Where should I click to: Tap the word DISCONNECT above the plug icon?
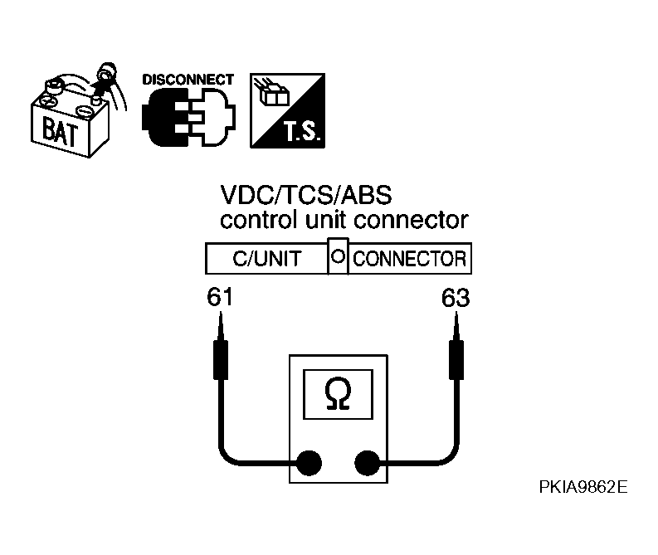pos(188,80)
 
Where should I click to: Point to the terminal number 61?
pos(220,298)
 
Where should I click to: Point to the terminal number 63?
pos(455,298)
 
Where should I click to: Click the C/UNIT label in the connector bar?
pos(266,259)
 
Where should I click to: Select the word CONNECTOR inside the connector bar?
pos(409,259)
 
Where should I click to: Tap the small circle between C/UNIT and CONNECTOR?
pos(338,257)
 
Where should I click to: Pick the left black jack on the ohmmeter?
pos(310,462)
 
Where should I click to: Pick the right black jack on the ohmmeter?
pos(367,462)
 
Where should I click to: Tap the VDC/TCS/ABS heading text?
pos(305,196)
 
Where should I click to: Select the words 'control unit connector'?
pos(344,221)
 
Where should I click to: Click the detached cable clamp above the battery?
pos(103,76)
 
